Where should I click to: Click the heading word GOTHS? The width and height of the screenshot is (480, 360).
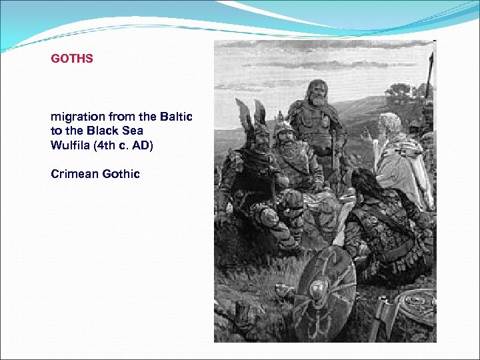(72, 59)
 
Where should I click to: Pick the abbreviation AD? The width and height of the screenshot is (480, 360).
(142, 143)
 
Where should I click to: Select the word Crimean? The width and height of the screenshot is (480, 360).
(75, 174)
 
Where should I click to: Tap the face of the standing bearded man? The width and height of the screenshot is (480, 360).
(317, 93)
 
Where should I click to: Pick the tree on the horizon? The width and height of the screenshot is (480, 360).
(398, 90)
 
